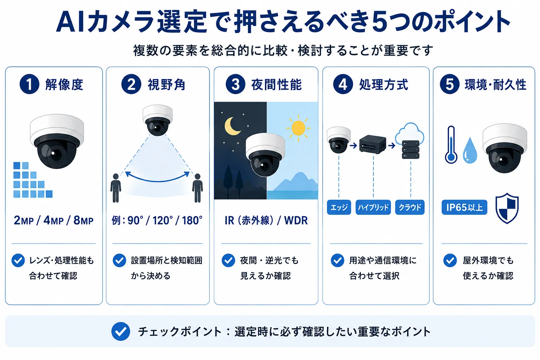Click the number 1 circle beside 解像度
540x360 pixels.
coord(30,84)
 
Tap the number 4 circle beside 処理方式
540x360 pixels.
coord(343,84)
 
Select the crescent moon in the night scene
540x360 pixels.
coord(232,126)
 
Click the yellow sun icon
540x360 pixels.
coord(298,128)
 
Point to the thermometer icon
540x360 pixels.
coord(451,145)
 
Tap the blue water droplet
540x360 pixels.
coord(470,151)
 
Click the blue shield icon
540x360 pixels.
coord(507,208)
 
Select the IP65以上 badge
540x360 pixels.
coord(464,207)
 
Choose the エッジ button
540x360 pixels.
coord(339,207)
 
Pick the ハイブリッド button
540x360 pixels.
coord(373,207)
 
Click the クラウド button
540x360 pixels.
coord(410,207)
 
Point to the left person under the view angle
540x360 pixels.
coord(116,188)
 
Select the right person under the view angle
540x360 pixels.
coord(198,188)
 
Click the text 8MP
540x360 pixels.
coord(83,220)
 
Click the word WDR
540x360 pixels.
coord(296,220)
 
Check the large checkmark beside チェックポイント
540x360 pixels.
coord(121,331)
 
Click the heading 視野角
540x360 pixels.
coord(166,84)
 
